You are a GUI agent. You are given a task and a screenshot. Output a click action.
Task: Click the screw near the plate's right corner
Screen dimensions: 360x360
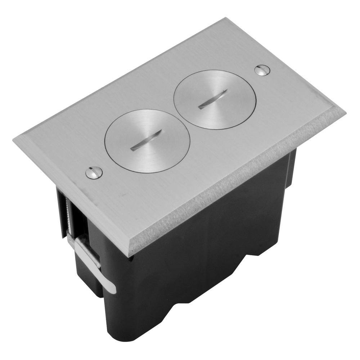(x=262, y=70)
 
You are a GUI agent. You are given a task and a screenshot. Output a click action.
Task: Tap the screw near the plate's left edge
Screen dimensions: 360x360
(x=94, y=173)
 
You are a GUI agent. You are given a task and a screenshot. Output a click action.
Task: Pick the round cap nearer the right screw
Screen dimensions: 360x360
(x=215, y=99)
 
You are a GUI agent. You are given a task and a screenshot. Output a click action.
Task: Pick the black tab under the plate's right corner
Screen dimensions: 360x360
(x=292, y=166)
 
